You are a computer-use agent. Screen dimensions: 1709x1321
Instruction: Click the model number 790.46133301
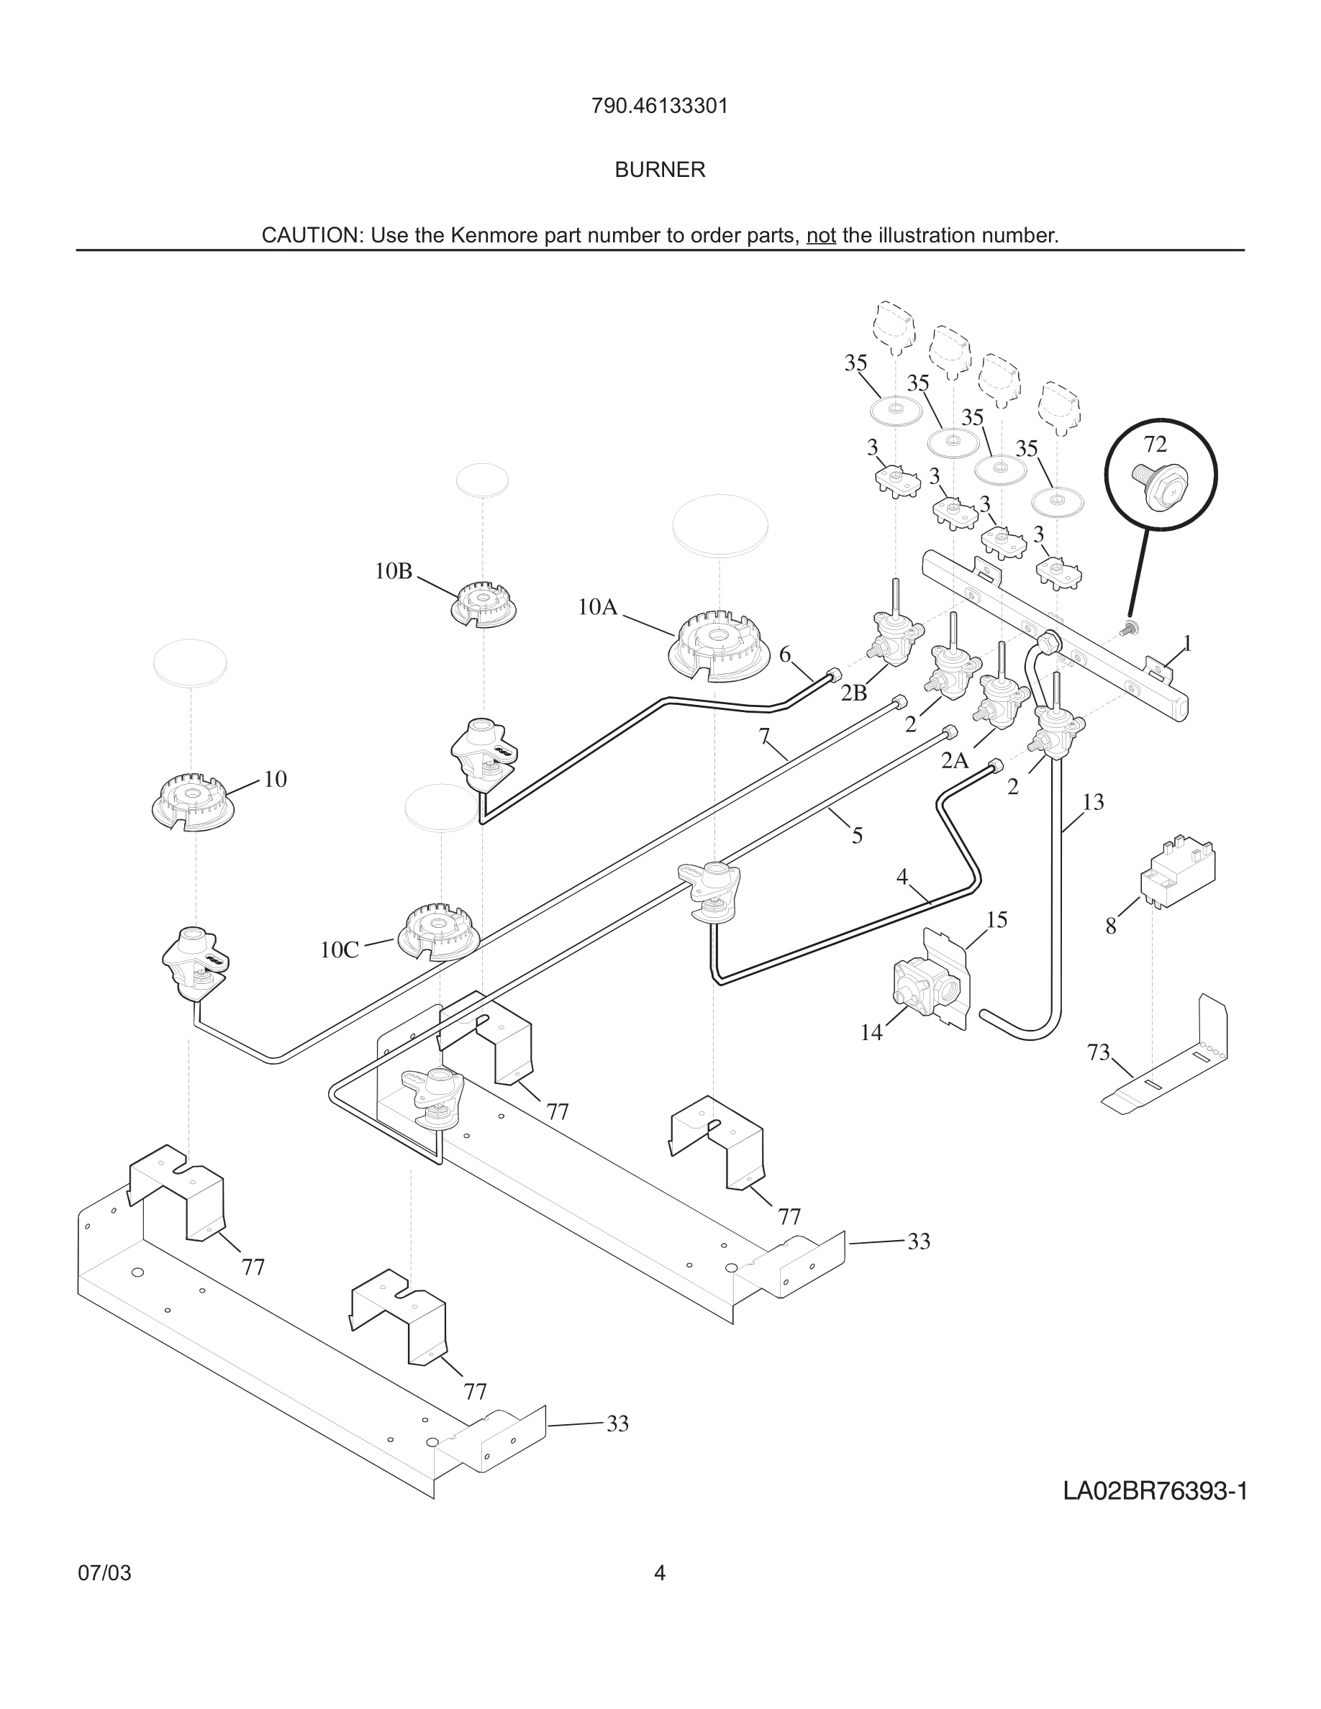[x=660, y=106]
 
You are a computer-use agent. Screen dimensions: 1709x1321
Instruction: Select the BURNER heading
[x=660, y=170]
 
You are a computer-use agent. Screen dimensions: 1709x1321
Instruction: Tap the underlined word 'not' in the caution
[x=821, y=235]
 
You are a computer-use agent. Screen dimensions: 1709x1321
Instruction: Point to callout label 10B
[x=393, y=571]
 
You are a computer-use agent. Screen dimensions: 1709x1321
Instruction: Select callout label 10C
[x=340, y=950]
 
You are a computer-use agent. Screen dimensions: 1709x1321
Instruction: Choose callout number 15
[x=997, y=919]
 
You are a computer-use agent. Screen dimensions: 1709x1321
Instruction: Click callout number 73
[x=1099, y=1052]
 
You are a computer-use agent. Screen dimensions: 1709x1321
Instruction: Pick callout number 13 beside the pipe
[x=1093, y=802]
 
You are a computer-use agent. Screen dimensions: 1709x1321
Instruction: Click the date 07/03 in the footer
[x=105, y=1573]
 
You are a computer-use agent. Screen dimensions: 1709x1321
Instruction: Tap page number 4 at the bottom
[x=660, y=1573]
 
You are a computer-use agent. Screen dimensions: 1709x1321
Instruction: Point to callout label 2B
[x=854, y=693]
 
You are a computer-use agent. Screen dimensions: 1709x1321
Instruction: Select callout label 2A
[x=955, y=760]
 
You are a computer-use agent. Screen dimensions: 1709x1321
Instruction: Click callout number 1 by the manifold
[x=1187, y=644]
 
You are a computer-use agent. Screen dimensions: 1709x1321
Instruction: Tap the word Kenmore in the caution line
[x=489, y=235]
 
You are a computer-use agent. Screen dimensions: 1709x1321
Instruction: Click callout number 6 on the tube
[x=785, y=654]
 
